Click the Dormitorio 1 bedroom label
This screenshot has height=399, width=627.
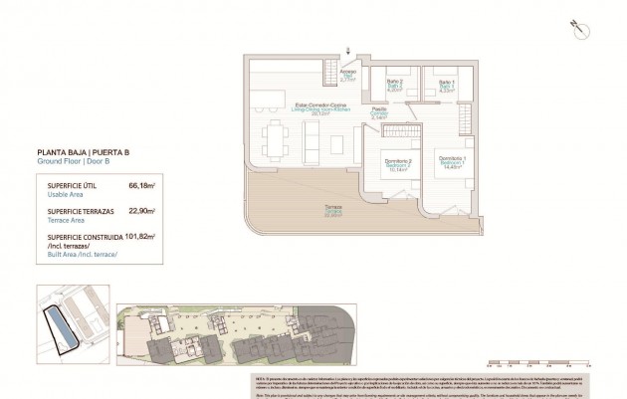451,162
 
